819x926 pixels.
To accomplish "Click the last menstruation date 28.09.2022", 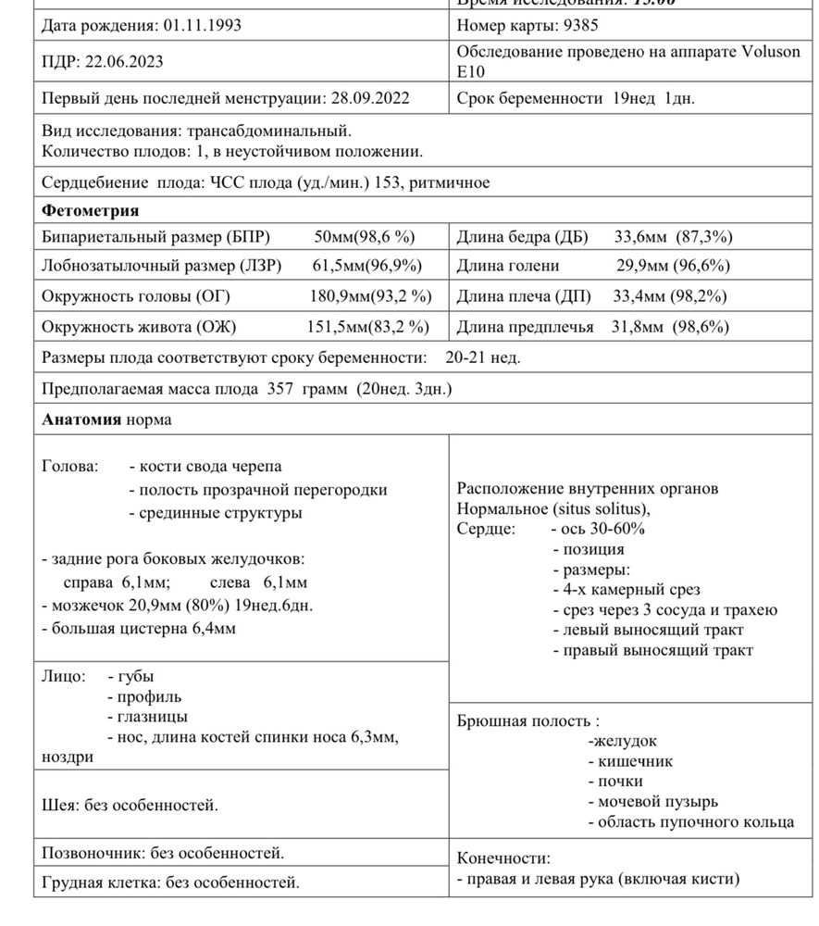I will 366,97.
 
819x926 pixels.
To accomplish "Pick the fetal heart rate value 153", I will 387,182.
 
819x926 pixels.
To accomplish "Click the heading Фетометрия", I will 90,210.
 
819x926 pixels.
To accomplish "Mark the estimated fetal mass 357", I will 279,389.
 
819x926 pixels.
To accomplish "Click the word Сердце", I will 485,529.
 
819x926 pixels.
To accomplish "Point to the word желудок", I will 625,741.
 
